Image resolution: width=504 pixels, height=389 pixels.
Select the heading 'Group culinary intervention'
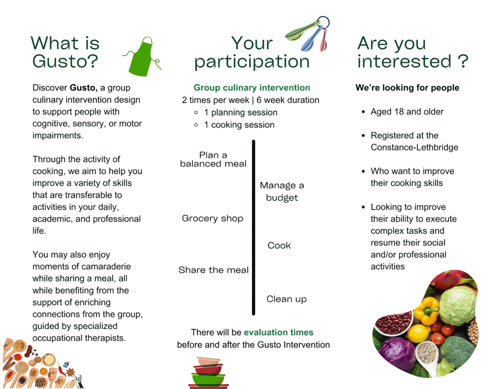click(x=252, y=88)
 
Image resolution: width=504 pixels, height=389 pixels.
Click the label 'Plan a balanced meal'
click(x=213, y=159)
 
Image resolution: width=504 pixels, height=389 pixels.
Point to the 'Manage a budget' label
click(x=282, y=191)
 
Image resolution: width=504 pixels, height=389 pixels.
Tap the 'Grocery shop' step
click(x=213, y=218)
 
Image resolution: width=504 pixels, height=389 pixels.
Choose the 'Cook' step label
click(x=279, y=245)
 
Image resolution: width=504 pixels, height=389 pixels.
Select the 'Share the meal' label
click(x=214, y=270)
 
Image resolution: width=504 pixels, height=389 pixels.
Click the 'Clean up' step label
click(x=286, y=299)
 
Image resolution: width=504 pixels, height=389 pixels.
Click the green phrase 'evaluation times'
click(x=279, y=332)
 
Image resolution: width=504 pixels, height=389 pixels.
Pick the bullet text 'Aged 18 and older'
click(x=407, y=112)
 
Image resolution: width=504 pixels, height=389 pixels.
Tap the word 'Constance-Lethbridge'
click(x=414, y=148)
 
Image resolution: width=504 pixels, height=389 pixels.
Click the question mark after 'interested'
click(x=462, y=61)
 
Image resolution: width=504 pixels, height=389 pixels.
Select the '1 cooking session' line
click(x=239, y=125)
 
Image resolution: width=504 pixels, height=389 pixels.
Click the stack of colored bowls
click(x=208, y=373)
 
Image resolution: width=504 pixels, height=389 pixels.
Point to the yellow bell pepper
click(x=426, y=310)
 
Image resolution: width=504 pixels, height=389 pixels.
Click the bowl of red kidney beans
click(x=394, y=322)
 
